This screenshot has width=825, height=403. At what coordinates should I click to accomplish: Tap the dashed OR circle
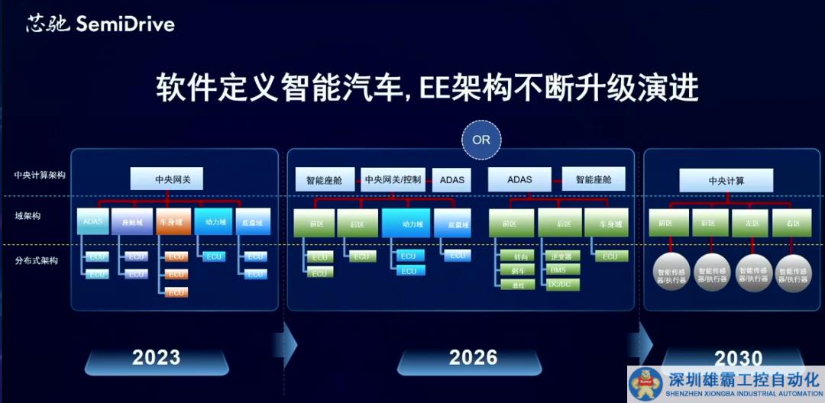[481, 140]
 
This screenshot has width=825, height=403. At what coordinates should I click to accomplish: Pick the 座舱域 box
[131, 221]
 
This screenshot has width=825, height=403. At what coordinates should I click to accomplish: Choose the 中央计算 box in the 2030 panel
[726, 181]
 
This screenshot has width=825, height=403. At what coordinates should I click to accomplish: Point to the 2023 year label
[156, 357]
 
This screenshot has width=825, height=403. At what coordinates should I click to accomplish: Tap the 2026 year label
[473, 357]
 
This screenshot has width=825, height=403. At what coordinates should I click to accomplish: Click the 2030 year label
[738, 358]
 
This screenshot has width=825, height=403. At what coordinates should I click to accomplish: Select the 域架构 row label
[27, 216]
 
